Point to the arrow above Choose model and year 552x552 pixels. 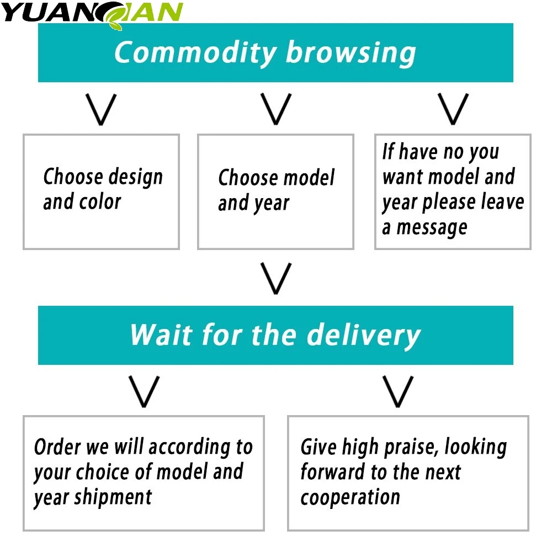pyautogui.click(x=276, y=109)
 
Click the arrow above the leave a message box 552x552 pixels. pyautogui.click(x=453, y=108)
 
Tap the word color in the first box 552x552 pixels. pyautogui.click(x=101, y=202)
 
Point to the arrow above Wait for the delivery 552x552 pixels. pyautogui.click(x=276, y=278)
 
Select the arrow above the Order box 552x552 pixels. pyautogui.click(x=144, y=391)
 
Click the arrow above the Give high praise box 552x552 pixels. pyautogui.click(x=398, y=391)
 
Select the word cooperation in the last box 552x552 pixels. pyautogui.click(x=350, y=497)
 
